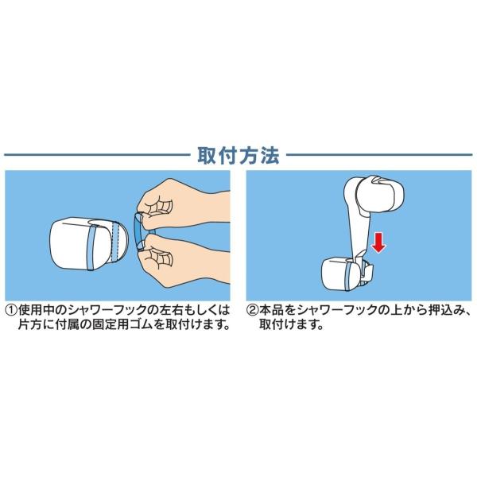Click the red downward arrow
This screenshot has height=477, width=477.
[x=378, y=242]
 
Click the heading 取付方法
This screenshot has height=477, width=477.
[x=238, y=156]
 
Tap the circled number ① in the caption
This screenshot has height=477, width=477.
[x=12, y=311]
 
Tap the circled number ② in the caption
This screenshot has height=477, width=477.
[x=253, y=311]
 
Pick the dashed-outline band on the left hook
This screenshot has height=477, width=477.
[x=114, y=242]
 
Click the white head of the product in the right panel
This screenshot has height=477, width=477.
[x=381, y=192]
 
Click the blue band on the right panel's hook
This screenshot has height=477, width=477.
[x=348, y=275]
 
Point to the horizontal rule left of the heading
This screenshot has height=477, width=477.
[x=97, y=155]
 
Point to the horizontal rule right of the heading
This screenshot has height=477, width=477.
[x=379, y=155]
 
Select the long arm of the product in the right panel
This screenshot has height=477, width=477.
[x=360, y=231]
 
